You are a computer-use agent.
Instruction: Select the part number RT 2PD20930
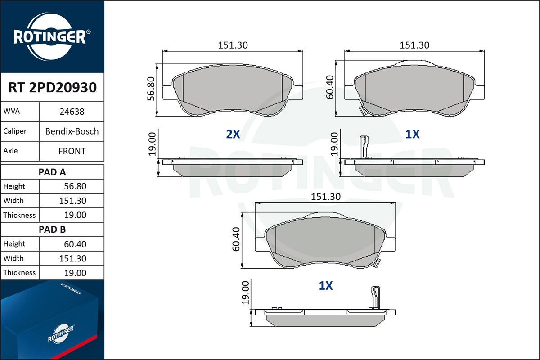coord(52,88)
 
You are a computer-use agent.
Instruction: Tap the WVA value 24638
coord(72,112)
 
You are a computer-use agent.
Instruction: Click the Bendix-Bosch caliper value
coord(72,131)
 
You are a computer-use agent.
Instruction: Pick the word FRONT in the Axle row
coord(72,151)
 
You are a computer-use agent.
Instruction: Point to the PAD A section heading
coord(52,172)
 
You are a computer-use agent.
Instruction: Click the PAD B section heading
coord(52,229)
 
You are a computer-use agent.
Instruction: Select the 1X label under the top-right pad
coord(413,134)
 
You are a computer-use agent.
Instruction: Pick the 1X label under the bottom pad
coord(325,286)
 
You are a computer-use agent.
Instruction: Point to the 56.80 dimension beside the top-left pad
coord(151,88)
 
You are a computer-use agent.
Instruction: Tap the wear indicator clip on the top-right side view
coord(364,147)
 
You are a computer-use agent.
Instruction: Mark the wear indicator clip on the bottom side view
coord(374,297)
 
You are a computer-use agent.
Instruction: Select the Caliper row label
coord(15,131)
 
